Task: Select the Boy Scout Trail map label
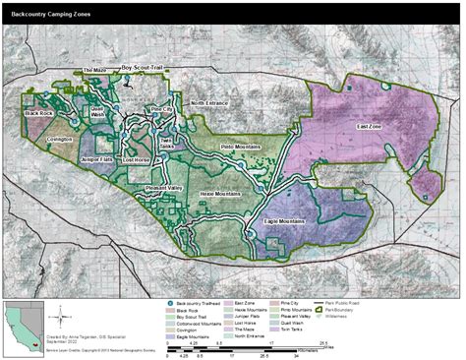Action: pyautogui.click(x=146, y=68)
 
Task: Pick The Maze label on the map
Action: pyautogui.click(x=94, y=71)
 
